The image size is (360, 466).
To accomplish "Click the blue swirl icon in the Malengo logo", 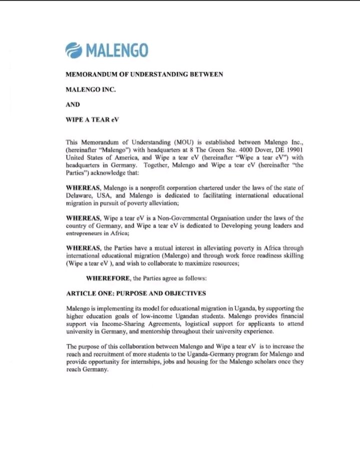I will tap(74, 50).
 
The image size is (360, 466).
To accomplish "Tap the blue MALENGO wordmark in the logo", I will tap(116, 50).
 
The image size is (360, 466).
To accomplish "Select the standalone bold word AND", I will tap(73, 105).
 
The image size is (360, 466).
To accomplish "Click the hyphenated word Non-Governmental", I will tap(189, 218).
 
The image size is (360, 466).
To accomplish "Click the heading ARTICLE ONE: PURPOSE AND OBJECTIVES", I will tap(136, 293).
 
